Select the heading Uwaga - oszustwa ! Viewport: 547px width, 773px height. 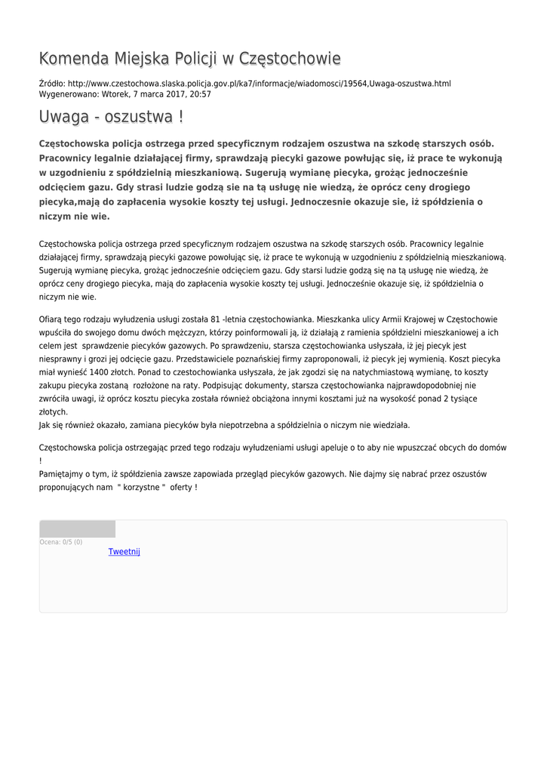pos(111,117)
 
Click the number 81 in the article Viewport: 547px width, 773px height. pos(216,319)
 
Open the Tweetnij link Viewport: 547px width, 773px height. pos(124,552)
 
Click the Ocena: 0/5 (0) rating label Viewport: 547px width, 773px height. pos(61,542)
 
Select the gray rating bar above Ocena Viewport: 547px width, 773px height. pos(77,528)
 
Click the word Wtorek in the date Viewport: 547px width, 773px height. pos(114,94)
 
